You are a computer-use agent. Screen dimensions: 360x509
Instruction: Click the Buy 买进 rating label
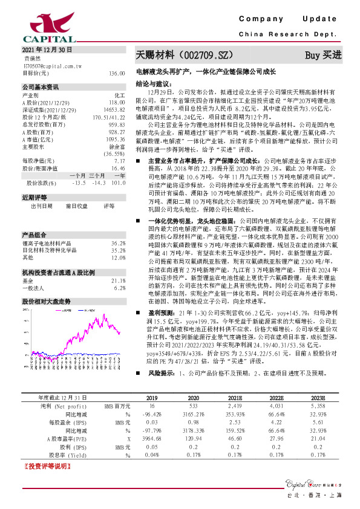(x=323, y=55)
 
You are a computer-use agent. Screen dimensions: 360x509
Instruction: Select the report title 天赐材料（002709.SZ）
(x=184, y=55)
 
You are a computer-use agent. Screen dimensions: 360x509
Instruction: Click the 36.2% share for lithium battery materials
(x=118, y=226)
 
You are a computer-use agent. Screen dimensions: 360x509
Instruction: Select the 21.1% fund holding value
(x=118, y=264)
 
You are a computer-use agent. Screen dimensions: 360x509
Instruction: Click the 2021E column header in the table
(x=235, y=398)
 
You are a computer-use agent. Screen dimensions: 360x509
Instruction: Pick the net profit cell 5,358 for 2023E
(x=318, y=406)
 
